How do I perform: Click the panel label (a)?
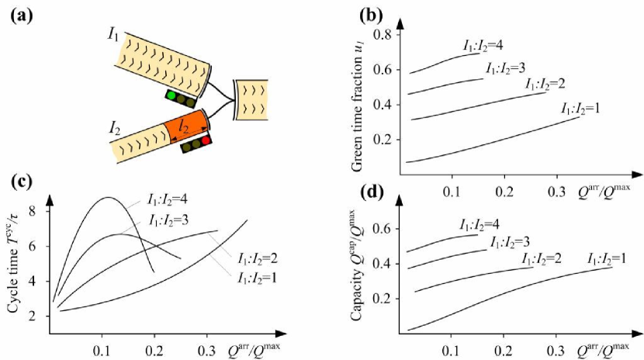tap(23, 13)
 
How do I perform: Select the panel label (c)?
tap(21, 183)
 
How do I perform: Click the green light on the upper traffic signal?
tap(171, 95)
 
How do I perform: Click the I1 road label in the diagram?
tap(114, 34)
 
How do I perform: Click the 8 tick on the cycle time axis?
tap(33, 210)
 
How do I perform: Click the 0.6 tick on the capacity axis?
tap(383, 228)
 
